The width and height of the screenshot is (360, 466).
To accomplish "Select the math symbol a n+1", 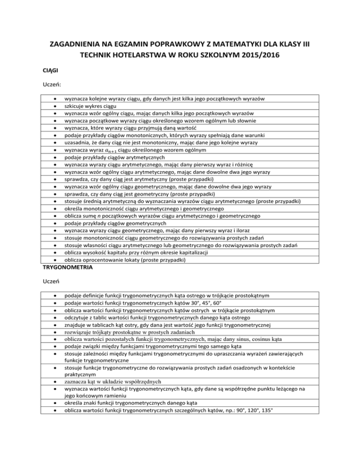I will tap(110, 151).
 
